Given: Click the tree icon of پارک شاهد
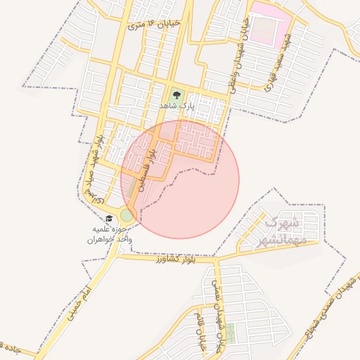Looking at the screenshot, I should click(175, 94).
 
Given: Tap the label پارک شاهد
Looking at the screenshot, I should click(175, 105).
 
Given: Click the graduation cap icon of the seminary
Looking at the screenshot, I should click(109, 219).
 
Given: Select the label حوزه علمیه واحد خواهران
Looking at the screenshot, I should click(110, 234).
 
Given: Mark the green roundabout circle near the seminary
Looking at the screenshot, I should click(127, 214).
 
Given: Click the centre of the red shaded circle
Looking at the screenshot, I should click(180, 179).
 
